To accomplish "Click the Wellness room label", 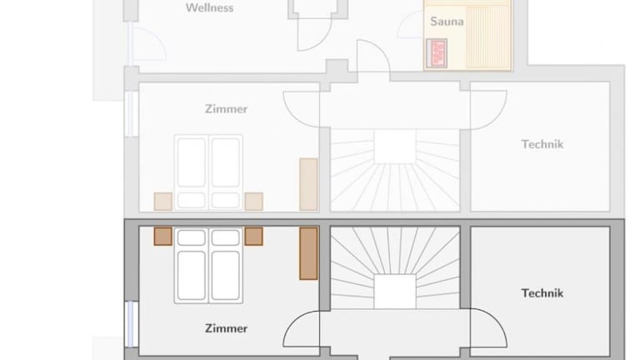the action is (209, 7).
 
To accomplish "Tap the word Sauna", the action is (447, 21).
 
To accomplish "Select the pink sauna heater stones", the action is (437, 53).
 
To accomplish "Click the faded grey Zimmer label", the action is (226, 109).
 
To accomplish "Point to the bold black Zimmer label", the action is (226, 328).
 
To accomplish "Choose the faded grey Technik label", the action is (542, 144).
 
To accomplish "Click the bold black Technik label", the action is (542, 293).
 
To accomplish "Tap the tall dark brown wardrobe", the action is (308, 253).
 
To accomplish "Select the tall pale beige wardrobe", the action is (308, 184).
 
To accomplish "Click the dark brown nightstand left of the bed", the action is (162, 237).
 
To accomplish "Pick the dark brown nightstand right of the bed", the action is (253, 237).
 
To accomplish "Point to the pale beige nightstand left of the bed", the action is (162, 202).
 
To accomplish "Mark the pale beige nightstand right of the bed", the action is (253, 202).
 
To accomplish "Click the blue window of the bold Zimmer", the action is (131, 324).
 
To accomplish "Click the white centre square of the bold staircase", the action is (395, 292).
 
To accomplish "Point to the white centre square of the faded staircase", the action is (395, 147).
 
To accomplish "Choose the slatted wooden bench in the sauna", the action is (488, 37).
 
